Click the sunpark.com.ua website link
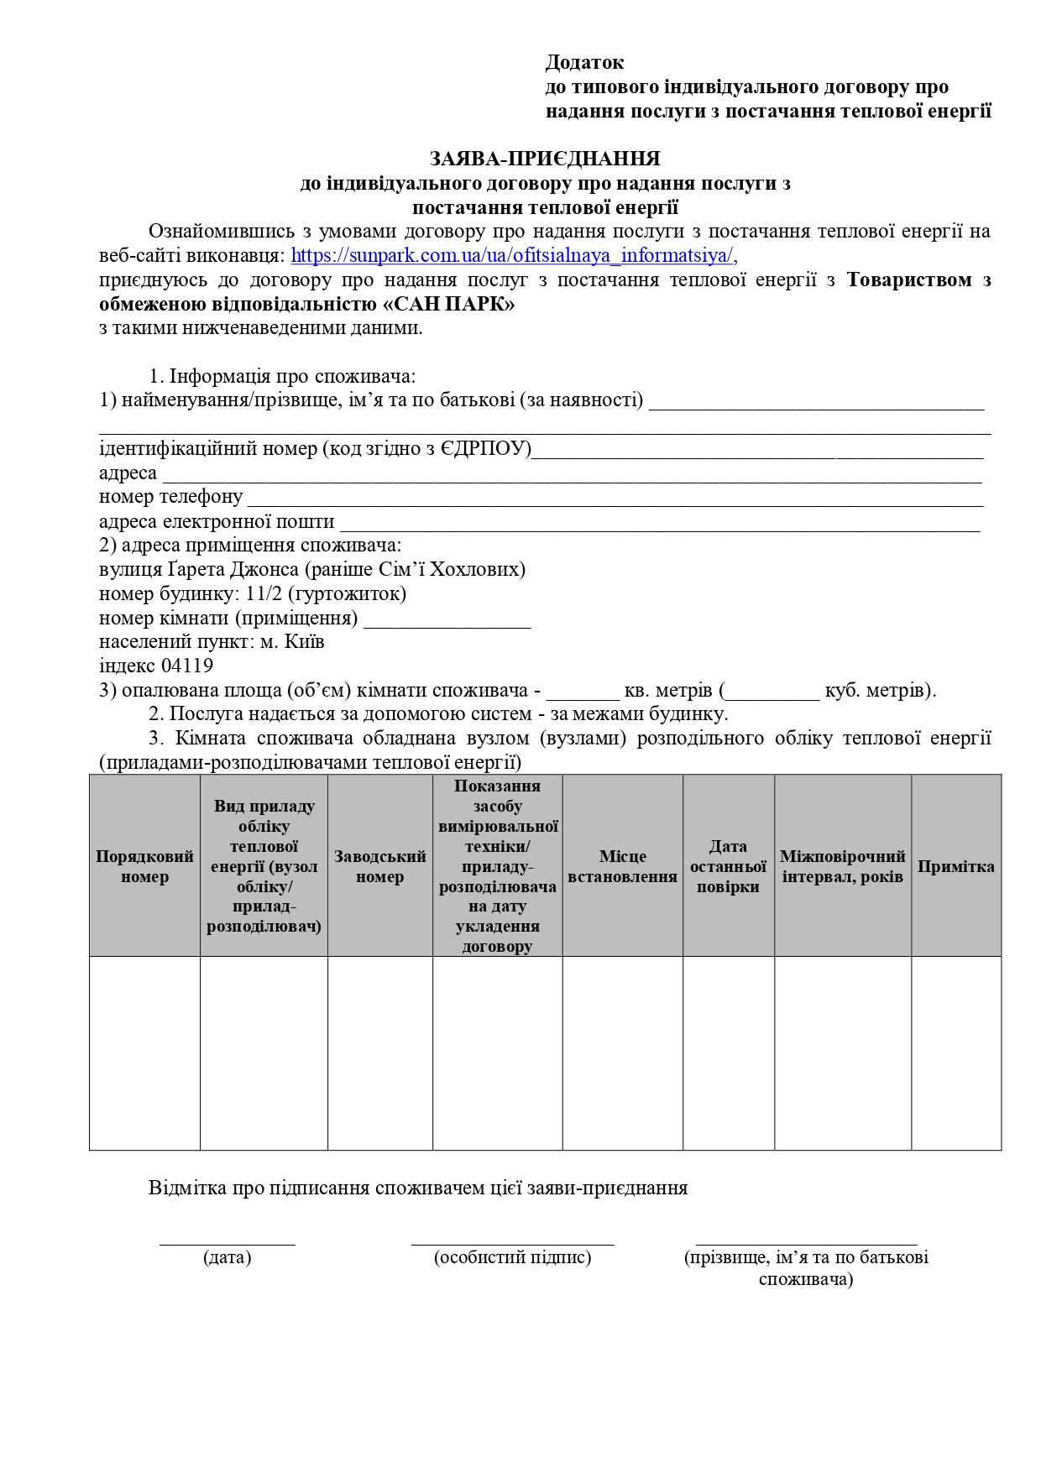point(512,255)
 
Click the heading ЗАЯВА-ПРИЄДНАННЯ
point(545,159)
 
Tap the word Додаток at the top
point(585,63)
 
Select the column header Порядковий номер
point(144,866)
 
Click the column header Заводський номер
point(379,866)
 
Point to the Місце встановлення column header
point(622,866)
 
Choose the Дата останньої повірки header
point(728,866)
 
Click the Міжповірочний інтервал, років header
point(842,866)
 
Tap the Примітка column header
point(955,866)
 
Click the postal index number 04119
point(187,666)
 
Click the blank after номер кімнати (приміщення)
point(447,622)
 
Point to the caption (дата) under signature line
point(227,1257)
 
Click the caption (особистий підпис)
point(512,1257)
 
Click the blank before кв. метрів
point(583,694)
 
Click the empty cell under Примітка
point(955,1053)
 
